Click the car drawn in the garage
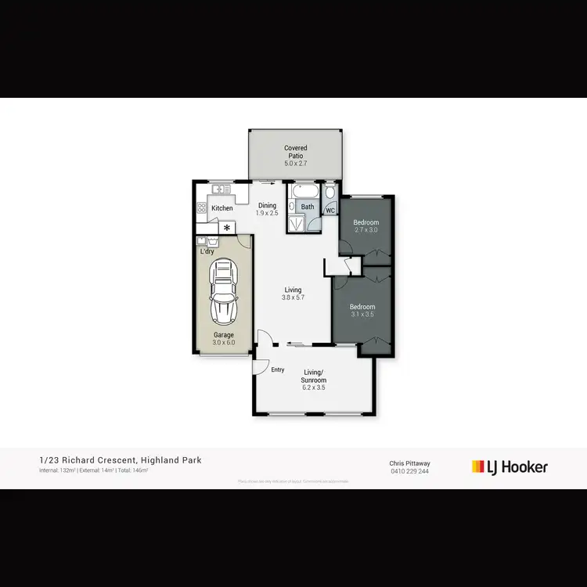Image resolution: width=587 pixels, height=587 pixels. point(224,292)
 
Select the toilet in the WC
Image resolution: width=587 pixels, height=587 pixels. point(330,193)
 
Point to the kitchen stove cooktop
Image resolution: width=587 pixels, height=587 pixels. point(201,207)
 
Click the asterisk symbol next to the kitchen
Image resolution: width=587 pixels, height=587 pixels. point(228,228)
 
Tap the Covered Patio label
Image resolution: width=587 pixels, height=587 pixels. point(296,152)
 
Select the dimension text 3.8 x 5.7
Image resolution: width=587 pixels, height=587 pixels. point(293,297)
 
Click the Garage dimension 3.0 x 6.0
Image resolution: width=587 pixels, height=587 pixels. point(224,343)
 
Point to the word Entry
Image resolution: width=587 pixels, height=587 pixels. point(278,370)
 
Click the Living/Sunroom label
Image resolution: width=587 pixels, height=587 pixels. point(313,380)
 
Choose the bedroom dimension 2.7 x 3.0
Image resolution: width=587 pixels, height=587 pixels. point(366,230)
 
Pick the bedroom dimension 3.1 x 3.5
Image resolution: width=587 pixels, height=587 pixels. point(362,314)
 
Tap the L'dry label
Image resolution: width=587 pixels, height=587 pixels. point(207,251)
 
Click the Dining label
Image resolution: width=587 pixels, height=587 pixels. point(268,206)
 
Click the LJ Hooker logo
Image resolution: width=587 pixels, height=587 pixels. point(510,467)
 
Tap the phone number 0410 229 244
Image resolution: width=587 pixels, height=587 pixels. point(409,471)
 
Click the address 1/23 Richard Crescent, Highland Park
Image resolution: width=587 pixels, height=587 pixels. point(120,460)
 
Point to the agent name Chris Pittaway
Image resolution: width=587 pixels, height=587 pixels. point(409,463)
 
